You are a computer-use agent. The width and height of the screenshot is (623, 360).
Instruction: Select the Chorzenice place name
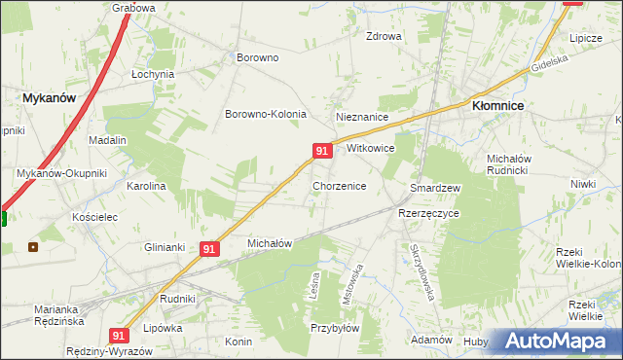click(x=339, y=185)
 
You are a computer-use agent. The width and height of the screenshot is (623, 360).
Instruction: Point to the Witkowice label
click(x=370, y=149)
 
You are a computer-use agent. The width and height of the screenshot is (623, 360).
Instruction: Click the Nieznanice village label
click(x=362, y=117)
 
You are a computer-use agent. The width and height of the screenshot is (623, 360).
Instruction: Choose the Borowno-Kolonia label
click(x=266, y=114)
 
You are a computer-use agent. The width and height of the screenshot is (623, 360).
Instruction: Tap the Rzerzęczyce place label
click(x=428, y=213)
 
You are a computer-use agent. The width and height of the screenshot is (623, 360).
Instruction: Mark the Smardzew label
click(x=435, y=187)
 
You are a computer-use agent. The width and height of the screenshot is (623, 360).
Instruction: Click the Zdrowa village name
click(x=384, y=37)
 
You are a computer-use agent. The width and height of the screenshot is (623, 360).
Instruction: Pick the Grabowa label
click(x=134, y=8)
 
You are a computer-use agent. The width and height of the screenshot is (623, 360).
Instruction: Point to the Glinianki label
click(x=165, y=246)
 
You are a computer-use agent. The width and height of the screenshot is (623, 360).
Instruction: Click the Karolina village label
click(x=147, y=186)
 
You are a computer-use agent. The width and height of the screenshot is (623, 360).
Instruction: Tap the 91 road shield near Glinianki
click(x=209, y=249)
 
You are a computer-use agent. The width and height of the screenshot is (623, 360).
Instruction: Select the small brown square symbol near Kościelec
click(x=33, y=246)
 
